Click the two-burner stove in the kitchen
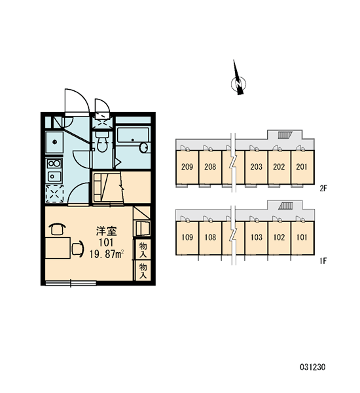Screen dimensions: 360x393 (x=54, y=164)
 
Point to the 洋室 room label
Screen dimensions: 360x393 (x=107, y=231)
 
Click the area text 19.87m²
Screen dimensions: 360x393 (x=107, y=254)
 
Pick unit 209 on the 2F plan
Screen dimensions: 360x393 (x=187, y=166)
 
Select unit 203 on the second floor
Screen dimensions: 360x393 (x=257, y=166)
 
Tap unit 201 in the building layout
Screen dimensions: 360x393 (x=302, y=166)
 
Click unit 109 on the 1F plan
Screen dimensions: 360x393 (x=187, y=237)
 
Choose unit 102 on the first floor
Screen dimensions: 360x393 (x=279, y=237)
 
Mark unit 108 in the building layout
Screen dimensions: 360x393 (x=210, y=237)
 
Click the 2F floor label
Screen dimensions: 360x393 (x=323, y=188)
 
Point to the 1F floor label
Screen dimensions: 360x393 (x=323, y=261)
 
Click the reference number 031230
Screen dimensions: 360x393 (x=313, y=367)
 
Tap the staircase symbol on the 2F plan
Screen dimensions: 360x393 (x=285, y=135)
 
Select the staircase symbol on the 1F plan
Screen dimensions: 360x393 (x=286, y=206)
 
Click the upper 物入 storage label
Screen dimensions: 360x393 (x=143, y=250)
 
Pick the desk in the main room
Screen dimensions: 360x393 (x=58, y=248)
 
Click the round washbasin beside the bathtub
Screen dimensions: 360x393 (x=144, y=147)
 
